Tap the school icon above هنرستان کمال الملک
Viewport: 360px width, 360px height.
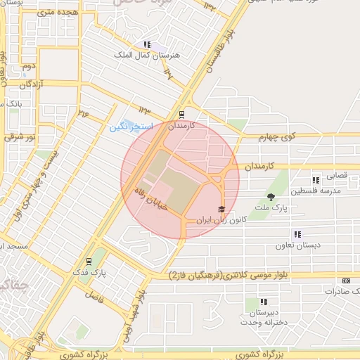146,44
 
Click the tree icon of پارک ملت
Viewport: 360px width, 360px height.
271,196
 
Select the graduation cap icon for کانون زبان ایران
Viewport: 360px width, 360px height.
221,210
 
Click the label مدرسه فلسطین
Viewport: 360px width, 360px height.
320,191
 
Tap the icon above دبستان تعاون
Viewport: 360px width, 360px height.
297,234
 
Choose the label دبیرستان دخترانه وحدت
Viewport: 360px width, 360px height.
264,316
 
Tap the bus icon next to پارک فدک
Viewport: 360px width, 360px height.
89,262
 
